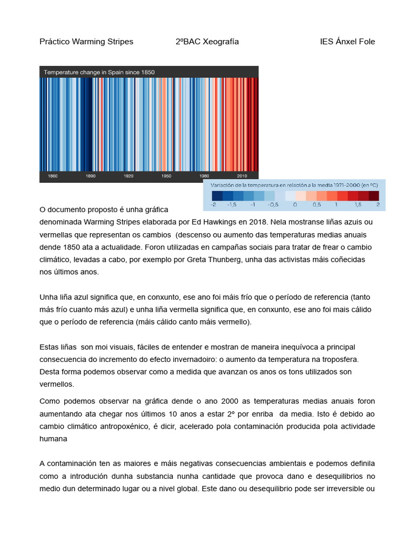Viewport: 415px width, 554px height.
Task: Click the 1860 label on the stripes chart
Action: pyautogui.click(x=53, y=176)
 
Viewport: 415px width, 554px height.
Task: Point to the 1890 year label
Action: pyautogui.click(x=91, y=176)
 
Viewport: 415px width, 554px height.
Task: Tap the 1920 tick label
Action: pyautogui.click(x=129, y=176)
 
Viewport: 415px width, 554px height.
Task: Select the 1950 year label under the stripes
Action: pyautogui.click(x=166, y=176)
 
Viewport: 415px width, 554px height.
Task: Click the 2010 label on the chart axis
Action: pyautogui.click(x=242, y=176)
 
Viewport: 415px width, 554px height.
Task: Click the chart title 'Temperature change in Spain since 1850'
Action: pyautogui.click(x=99, y=72)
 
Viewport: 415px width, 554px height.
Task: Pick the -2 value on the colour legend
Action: pyautogui.click(x=214, y=205)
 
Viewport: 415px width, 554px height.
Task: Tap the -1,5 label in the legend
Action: pyautogui.click(x=232, y=205)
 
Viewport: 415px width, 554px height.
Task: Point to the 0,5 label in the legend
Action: pyautogui.click(x=317, y=205)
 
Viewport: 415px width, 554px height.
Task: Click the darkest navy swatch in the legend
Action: pyautogui.click(x=217, y=196)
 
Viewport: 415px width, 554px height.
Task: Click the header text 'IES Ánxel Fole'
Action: pyautogui.click(x=347, y=42)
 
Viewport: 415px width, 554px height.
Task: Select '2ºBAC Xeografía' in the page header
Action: pyautogui.click(x=207, y=42)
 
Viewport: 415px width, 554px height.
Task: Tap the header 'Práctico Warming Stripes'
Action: pyautogui.click(x=86, y=42)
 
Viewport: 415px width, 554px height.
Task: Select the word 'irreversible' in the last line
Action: pyautogui.click(x=341, y=489)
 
